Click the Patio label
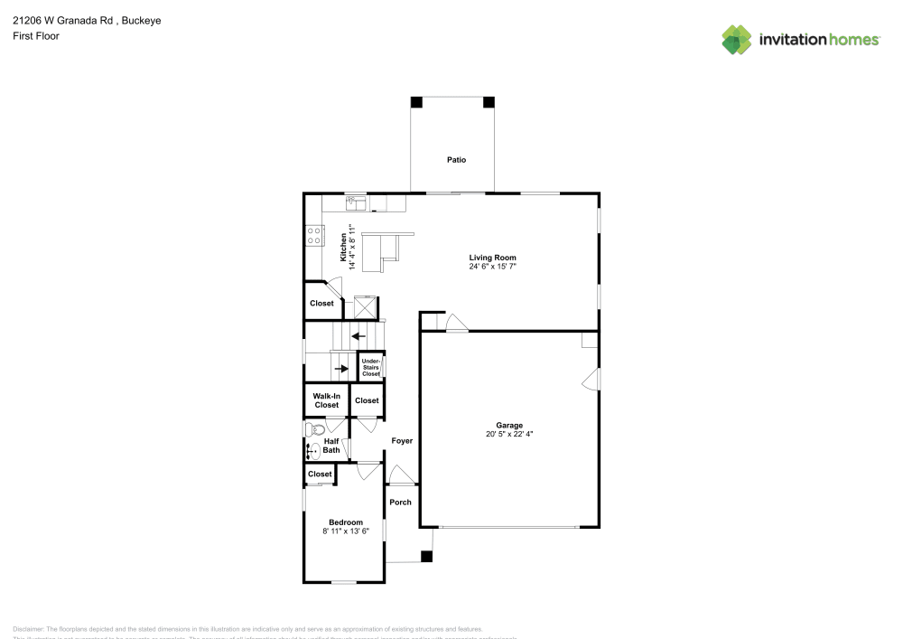coord(456,160)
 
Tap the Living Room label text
coord(492,258)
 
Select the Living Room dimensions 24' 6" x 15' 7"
coord(492,268)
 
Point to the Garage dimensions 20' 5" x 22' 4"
coord(509,435)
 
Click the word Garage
coord(509,425)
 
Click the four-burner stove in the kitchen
coord(314,235)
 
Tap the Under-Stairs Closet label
coord(371,366)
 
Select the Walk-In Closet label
coord(326,400)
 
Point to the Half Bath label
coord(331,446)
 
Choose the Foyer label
coord(402,441)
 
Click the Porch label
coord(400,503)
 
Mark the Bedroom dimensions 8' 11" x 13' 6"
coord(346,532)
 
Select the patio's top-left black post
coord(416,102)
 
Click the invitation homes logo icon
coord(737,39)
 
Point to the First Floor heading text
coord(36,36)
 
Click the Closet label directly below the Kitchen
coord(321,304)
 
